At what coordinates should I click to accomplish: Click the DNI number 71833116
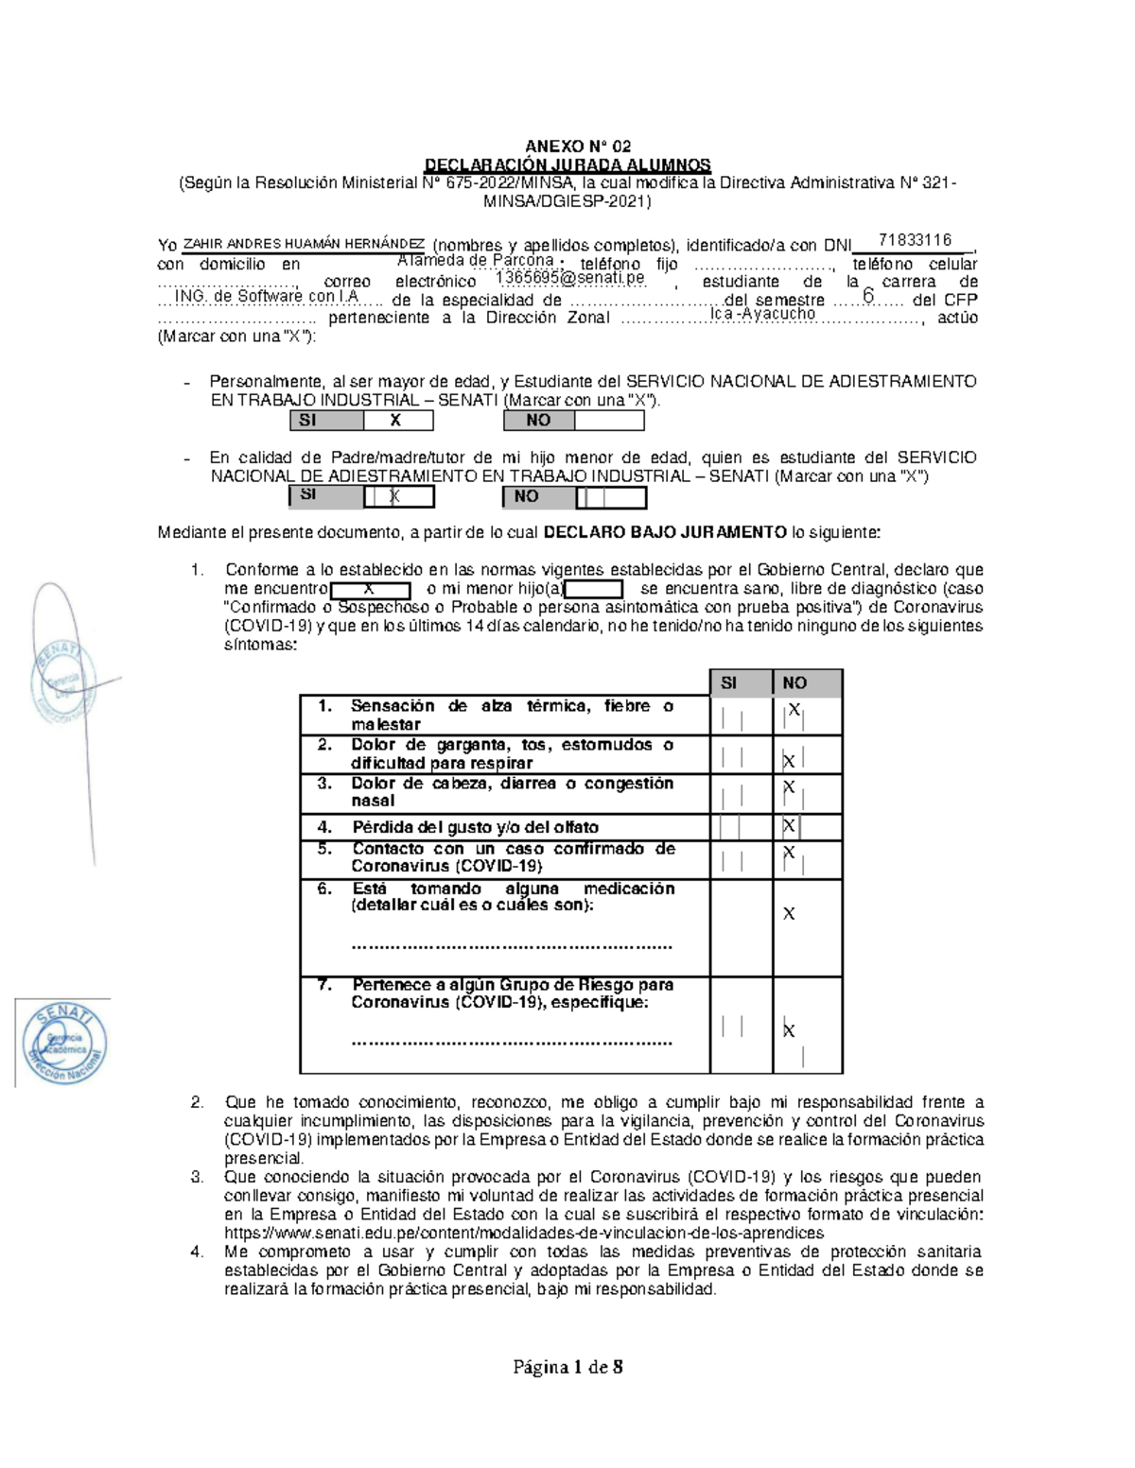tap(914, 240)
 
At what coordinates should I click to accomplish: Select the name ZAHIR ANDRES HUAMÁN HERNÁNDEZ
tap(304, 244)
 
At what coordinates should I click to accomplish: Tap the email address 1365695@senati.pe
tap(570, 278)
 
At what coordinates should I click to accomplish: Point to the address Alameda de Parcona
tap(475, 260)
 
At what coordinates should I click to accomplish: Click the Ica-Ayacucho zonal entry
tap(762, 314)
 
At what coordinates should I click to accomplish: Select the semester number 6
tap(867, 297)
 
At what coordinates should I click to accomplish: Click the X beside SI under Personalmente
tap(395, 421)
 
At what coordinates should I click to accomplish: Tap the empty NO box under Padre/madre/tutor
tap(610, 497)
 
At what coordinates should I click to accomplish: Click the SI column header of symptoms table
tap(728, 682)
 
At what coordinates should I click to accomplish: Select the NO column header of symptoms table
tap(794, 682)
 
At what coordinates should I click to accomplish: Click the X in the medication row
tap(789, 914)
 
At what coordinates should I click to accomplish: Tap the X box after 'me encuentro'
tap(370, 590)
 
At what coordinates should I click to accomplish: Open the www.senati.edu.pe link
tap(523, 1234)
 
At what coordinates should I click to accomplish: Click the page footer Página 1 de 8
tap(567, 1367)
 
